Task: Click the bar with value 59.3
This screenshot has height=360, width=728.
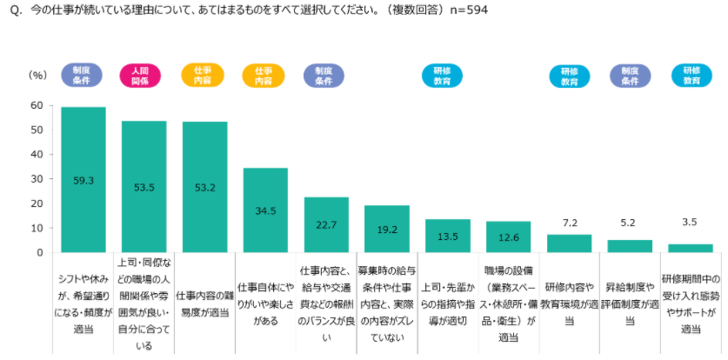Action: click(83, 179)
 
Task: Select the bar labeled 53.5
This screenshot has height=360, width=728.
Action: click(144, 186)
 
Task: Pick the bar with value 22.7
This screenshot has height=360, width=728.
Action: click(326, 224)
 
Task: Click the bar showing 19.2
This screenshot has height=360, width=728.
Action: click(387, 229)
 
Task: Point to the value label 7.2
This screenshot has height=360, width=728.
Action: click(569, 223)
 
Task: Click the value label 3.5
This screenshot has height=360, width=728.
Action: click(691, 222)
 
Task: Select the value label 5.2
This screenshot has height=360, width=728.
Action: click(630, 223)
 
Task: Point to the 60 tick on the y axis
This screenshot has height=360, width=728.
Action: click(36, 105)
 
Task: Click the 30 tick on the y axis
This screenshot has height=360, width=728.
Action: click(36, 179)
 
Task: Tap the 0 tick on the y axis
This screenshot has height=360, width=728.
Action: click(39, 252)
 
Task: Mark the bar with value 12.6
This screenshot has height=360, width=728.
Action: click(508, 237)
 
